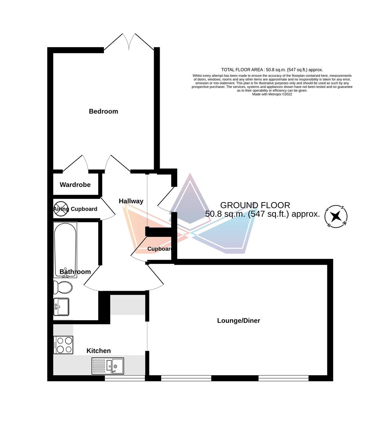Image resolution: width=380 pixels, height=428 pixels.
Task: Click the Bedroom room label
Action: pyautogui.click(x=103, y=111)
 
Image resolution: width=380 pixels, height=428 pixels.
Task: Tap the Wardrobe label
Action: pyautogui.click(x=75, y=185)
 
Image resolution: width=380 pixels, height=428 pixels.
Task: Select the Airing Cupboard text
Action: pyautogui.click(x=75, y=209)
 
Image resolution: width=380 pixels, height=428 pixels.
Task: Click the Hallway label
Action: pyautogui.click(x=131, y=201)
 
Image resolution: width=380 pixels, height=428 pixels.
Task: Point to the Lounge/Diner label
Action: pyautogui.click(x=239, y=321)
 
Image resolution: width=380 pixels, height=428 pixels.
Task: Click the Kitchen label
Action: pyautogui.click(x=99, y=351)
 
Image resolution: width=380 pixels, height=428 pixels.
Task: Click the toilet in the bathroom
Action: pyautogui.click(x=62, y=287)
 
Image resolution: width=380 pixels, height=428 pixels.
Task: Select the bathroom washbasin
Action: pyautogui.click(x=61, y=307)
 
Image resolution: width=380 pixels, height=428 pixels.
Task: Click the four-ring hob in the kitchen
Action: pyautogui.click(x=63, y=345)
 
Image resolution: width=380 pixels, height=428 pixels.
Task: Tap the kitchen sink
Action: pyautogui.click(x=108, y=366)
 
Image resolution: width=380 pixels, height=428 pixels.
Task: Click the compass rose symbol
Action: pyautogui.click(x=336, y=216)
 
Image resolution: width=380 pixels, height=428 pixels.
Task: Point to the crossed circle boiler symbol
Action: pyautogui.click(x=61, y=208)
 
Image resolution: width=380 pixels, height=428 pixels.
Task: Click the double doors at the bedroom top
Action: pyautogui.click(x=129, y=42)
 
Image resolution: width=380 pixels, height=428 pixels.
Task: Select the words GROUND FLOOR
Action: pyautogui.click(x=255, y=205)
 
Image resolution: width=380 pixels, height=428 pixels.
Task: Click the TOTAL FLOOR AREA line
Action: pyautogui.click(x=272, y=70)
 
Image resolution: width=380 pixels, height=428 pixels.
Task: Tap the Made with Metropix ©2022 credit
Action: pyautogui.click(x=272, y=94)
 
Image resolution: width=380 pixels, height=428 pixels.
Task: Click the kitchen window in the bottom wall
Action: pyautogui.click(x=124, y=378)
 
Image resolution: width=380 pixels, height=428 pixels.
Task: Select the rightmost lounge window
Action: pyautogui.click(x=283, y=378)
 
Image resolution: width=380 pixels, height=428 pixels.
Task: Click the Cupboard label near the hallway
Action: pyautogui.click(x=160, y=249)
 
